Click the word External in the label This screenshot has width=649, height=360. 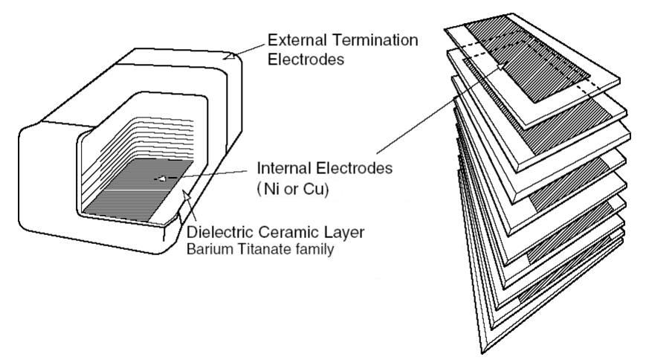click(x=295, y=39)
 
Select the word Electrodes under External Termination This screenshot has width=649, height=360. click(x=306, y=59)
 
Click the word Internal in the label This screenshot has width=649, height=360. click(x=282, y=168)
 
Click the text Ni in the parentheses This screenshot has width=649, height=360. click(x=272, y=189)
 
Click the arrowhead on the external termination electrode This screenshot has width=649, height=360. click(x=232, y=55)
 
